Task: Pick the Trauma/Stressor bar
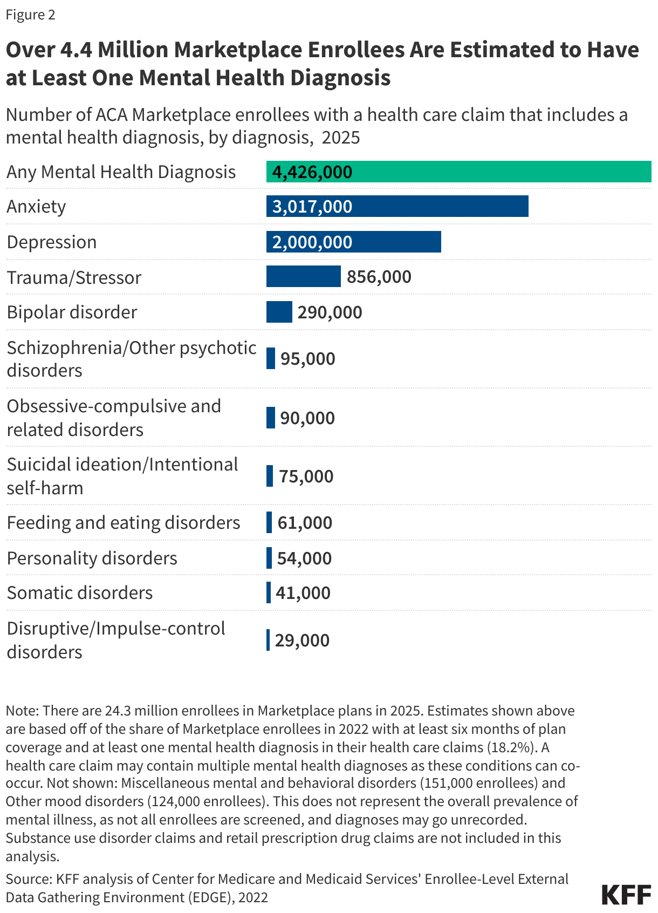[x=303, y=276]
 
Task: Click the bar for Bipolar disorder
[x=279, y=312]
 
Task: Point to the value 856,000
[x=379, y=277]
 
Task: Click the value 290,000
[x=330, y=312]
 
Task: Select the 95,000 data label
[x=307, y=359]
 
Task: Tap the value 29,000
[x=302, y=641]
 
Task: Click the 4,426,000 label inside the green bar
[x=312, y=172]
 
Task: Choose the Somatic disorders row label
[x=80, y=593]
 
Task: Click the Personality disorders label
[x=92, y=558]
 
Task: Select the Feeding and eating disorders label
[x=123, y=523]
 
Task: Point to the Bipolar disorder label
[x=72, y=312]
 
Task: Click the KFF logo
[x=626, y=895]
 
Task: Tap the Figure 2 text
[x=30, y=15]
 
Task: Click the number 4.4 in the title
[x=76, y=50]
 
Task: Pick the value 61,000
[x=305, y=523]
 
